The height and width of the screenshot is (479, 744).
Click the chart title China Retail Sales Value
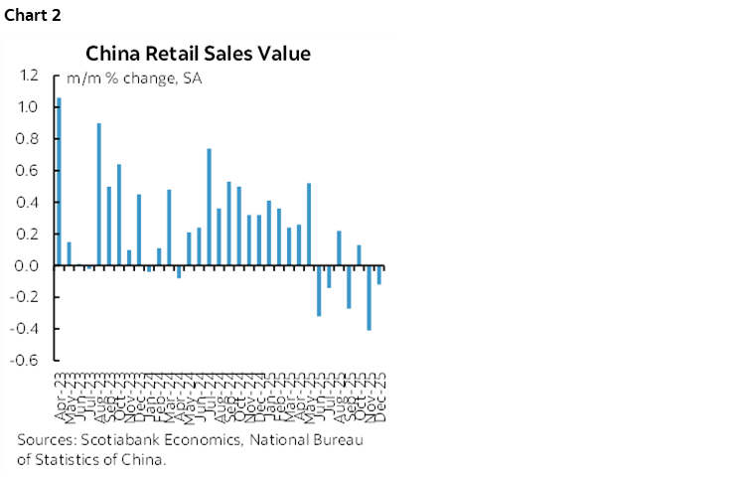198,54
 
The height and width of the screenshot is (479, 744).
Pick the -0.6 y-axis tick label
26,361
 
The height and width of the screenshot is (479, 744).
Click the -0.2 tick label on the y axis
26,298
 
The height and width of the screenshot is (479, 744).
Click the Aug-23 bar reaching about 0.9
99,195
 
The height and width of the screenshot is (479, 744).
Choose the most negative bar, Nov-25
369,298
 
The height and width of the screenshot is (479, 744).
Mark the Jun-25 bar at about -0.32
319,291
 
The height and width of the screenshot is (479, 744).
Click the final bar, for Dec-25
378,275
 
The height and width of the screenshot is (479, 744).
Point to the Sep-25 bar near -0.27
349,287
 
